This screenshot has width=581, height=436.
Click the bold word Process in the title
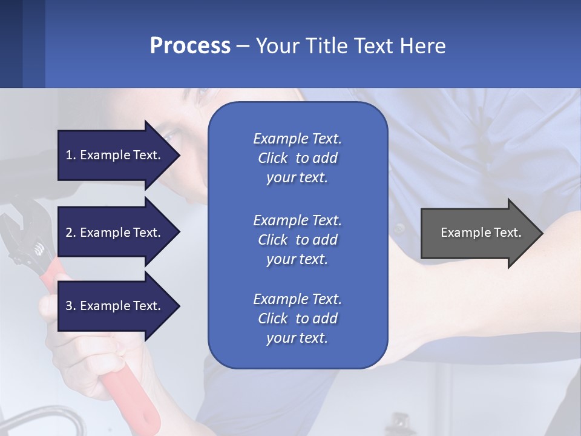tap(190, 46)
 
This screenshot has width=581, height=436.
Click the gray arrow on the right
tap(478, 233)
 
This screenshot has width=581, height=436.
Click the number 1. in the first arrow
tap(70, 155)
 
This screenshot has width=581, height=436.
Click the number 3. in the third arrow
tap(70, 306)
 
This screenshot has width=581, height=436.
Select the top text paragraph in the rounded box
tap(297, 158)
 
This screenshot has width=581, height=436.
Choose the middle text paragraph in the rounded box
tap(297, 240)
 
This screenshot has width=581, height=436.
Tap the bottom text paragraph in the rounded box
tap(297, 319)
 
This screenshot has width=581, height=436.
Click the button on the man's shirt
tap(399, 229)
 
